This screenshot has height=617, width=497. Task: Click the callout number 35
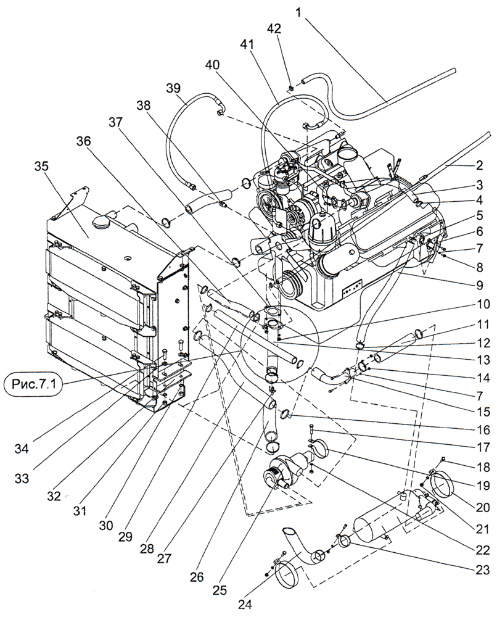click(x=41, y=167)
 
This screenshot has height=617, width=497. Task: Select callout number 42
click(x=274, y=29)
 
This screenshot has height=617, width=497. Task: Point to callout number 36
click(x=83, y=141)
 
